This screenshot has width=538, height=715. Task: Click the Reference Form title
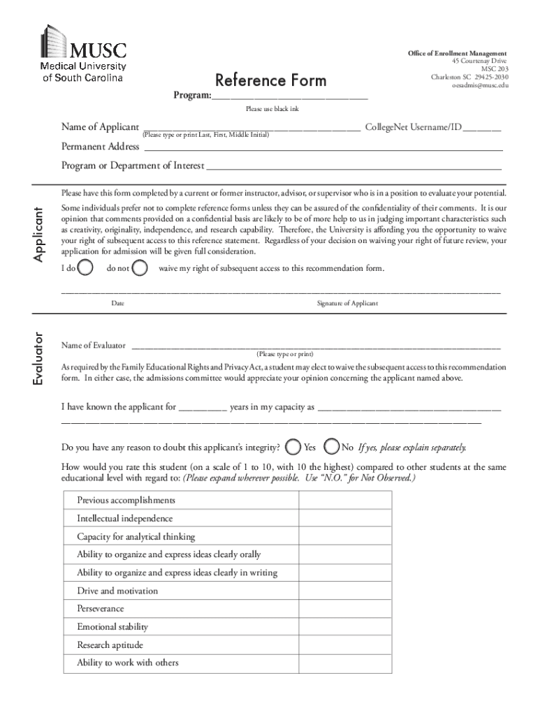click(x=270, y=80)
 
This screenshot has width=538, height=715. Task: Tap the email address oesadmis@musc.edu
click(x=480, y=85)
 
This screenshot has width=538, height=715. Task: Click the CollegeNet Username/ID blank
click(x=481, y=128)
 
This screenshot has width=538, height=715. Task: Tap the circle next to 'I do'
click(x=87, y=268)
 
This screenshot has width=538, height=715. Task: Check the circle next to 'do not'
click(x=140, y=268)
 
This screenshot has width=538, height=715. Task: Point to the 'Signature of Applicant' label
click(x=347, y=303)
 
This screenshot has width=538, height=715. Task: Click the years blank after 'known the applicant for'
click(x=203, y=407)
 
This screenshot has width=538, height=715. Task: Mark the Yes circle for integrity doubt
click(x=295, y=447)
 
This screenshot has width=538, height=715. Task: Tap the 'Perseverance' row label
click(x=101, y=609)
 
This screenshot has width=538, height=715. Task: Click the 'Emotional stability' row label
click(x=112, y=627)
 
